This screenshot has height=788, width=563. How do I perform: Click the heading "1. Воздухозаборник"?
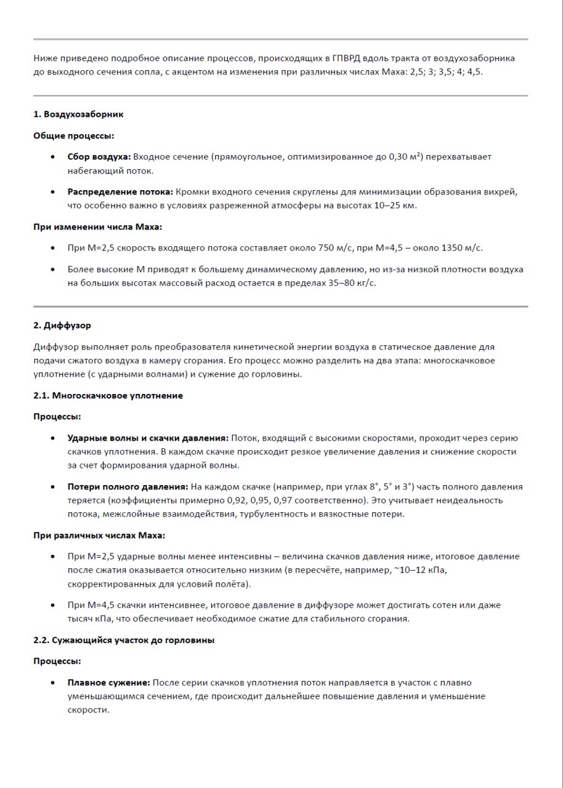(78, 115)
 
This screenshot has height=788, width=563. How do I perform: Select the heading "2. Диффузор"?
(62, 325)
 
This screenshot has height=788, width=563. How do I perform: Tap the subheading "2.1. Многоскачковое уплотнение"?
(108, 395)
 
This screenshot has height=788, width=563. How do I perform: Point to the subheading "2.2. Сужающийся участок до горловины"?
(124, 640)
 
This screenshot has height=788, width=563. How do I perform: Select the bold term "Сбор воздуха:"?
(99, 157)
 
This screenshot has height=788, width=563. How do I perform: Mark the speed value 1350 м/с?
(459, 248)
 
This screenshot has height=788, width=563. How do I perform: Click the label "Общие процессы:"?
(73, 135)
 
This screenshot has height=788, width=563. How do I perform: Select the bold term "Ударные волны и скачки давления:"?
(148, 438)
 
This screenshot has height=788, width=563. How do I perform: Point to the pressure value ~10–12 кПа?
(419, 570)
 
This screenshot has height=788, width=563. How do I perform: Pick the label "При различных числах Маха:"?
(99, 536)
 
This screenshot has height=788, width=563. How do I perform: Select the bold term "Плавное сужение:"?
(108, 683)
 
